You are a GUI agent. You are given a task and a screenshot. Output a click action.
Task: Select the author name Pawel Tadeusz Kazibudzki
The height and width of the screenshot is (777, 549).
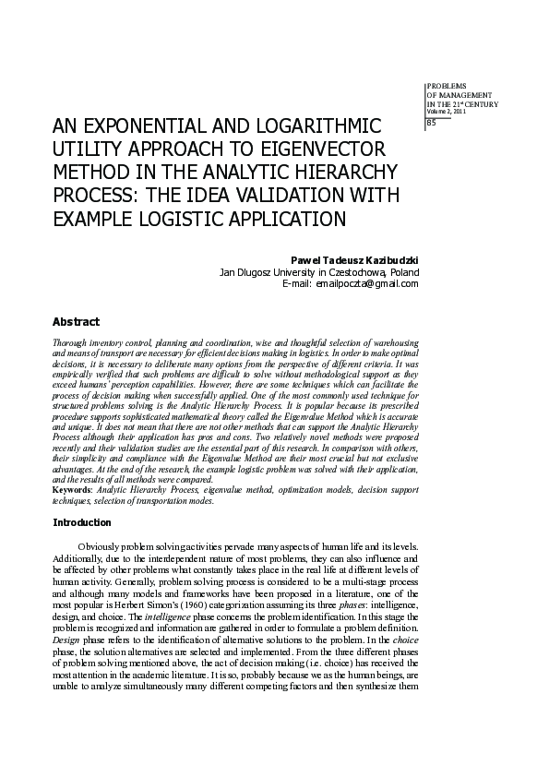(354, 259)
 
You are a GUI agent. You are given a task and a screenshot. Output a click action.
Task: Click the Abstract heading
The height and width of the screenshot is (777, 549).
(76, 322)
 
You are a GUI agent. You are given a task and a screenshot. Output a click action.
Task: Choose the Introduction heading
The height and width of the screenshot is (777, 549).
(82, 522)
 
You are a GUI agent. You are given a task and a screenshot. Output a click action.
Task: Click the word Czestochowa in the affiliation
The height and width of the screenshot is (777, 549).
(355, 271)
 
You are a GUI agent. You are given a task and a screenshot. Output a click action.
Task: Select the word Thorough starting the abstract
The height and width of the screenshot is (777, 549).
(72, 341)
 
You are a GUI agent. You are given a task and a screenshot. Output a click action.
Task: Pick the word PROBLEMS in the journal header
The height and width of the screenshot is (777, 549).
(447, 85)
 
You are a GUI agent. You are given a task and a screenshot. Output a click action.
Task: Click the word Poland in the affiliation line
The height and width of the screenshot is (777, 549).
(404, 271)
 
